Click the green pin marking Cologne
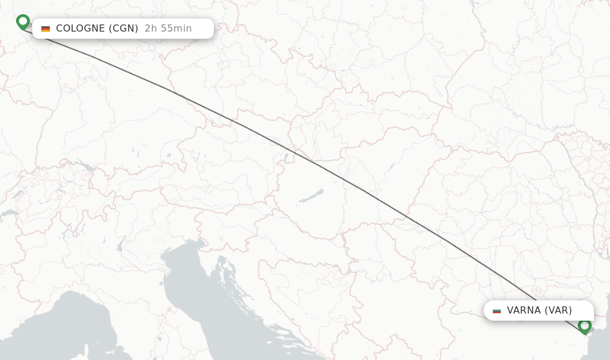23,21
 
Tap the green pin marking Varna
584,325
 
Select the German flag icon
45,29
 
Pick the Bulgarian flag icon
497,311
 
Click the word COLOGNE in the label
80,29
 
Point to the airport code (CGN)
123,29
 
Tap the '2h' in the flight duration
150,29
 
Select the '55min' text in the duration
177,29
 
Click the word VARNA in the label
524,311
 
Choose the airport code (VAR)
558,311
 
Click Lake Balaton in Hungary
311,196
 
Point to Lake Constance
84,166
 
